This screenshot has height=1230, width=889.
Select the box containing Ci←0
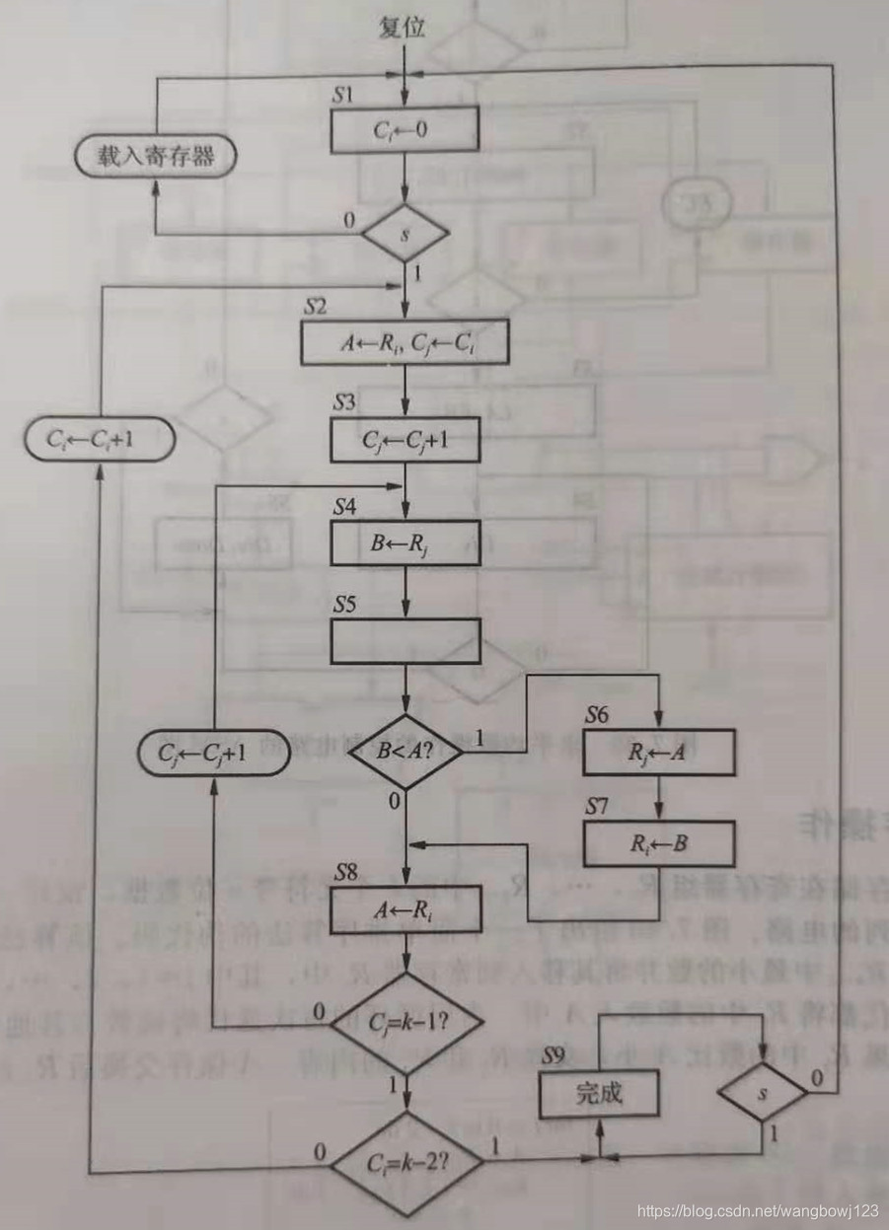click(405, 130)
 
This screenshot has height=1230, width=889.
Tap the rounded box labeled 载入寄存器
click(156, 157)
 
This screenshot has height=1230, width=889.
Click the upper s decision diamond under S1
click(405, 234)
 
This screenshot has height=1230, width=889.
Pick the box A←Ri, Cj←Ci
click(405, 341)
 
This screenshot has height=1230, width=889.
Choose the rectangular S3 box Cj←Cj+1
click(405, 441)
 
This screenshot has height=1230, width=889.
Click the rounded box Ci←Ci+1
click(99, 441)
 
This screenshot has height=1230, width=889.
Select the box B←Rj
click(405, 542)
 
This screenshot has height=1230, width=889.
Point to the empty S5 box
click(405, 641)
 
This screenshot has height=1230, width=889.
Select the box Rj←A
click(659, 754)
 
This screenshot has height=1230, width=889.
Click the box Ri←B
click(659, 843)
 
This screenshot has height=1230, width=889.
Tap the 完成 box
click(598, 1094)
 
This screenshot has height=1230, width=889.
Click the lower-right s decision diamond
click(762, 1093)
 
